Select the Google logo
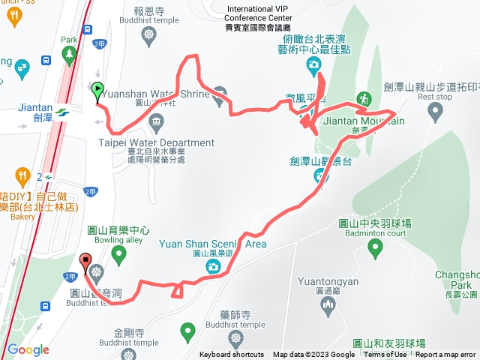pos(28,349)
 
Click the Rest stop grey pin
pos(435,112)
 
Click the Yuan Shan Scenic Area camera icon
pos(205,267)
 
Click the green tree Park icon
pos(69,54)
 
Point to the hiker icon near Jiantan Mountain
pos(363,98)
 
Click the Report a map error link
pos(446,355)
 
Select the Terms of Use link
pos(385,355)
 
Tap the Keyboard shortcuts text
pos(232,355)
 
